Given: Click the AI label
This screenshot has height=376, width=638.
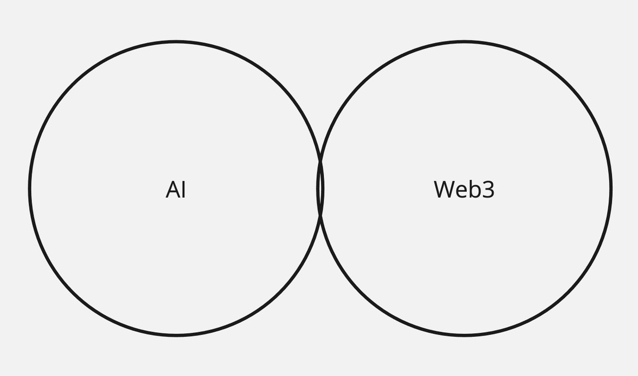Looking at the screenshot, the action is point(176,190).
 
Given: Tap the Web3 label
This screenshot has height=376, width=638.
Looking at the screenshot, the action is point(464,190).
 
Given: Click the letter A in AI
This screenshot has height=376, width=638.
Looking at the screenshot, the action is point(172,190).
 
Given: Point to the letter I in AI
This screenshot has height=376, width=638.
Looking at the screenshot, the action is point(184,190).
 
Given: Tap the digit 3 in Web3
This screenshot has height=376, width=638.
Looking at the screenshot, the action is point(488,190).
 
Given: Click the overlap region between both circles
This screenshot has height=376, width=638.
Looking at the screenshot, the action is point(321,189).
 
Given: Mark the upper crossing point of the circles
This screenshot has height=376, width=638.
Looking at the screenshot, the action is point(321,161).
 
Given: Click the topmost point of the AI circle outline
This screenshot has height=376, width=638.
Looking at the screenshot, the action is point(176,42).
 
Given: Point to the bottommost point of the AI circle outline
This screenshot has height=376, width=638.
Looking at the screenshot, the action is point(176,335).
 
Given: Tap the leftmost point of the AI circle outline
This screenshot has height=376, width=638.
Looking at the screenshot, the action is point(30,189).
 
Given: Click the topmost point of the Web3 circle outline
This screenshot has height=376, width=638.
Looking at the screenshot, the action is point(465,42).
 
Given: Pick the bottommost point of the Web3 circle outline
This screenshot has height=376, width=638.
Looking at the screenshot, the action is point(465,335).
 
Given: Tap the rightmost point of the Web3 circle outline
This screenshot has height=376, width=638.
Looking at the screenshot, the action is point(611,189).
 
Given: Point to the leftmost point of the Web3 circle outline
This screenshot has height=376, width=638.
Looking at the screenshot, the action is point(318,189).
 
